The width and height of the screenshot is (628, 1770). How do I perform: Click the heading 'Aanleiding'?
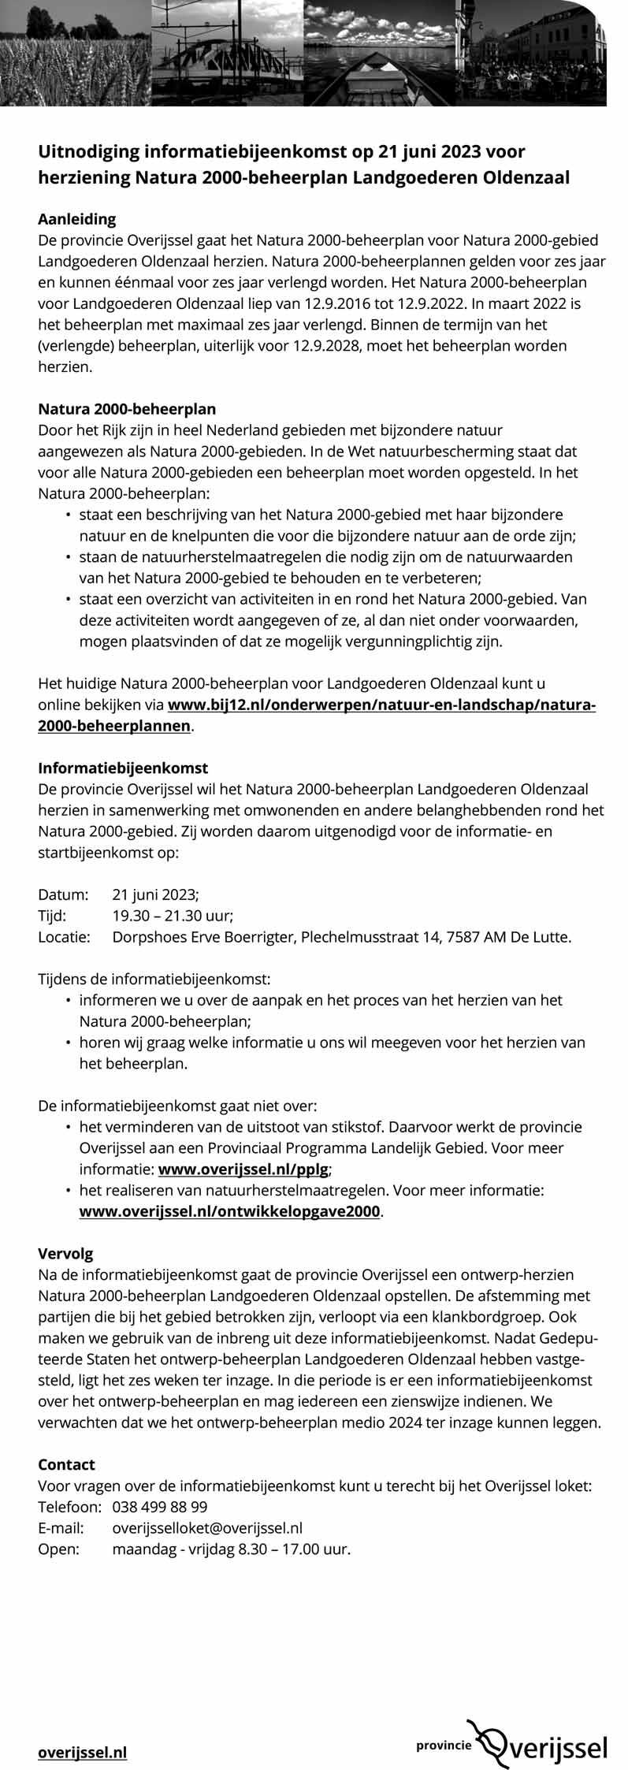point(77,218)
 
